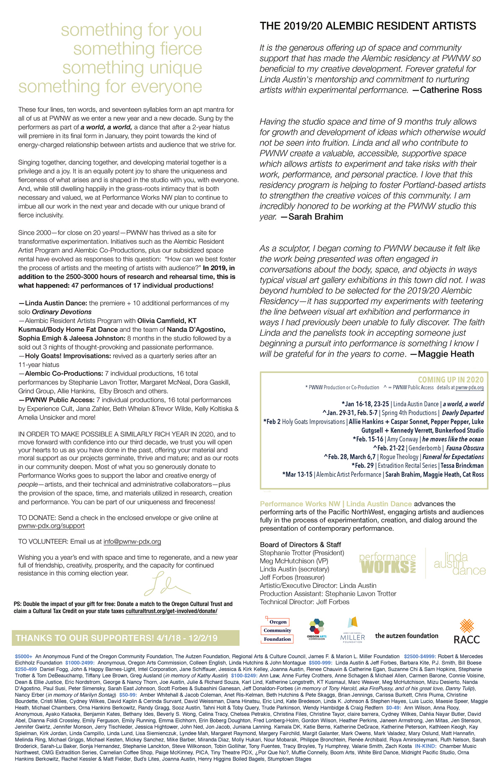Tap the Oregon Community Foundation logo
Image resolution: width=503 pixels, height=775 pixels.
pyautogui.click(x=277, y=630)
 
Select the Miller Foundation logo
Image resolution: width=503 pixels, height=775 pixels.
pyautogui.click(x=353, y=630)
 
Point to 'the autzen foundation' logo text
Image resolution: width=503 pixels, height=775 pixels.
pyautogui.click(x=407, y=636)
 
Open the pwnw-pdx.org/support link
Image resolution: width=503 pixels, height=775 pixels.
pyautogui.click(x=51, y=526)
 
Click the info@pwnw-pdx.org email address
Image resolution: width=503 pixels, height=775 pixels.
pyautogui.click(x=132, y=542)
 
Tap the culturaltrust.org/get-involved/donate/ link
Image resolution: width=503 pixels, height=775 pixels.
pyautogui.click(x=171, y=611)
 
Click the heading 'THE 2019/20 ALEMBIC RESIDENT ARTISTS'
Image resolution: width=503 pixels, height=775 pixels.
pyautogui.click(x=368, y=26)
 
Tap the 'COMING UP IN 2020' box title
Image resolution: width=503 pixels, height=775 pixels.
pyautogui.click(x=451, y=379)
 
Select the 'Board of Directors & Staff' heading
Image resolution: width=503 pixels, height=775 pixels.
pyautogui.click(x=301, y=545)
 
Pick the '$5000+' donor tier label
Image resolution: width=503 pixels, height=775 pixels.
pyautogui.click(x=23, y=656)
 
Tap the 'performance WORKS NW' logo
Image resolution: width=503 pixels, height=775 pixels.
pyautogui.click(x=387, y=564)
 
